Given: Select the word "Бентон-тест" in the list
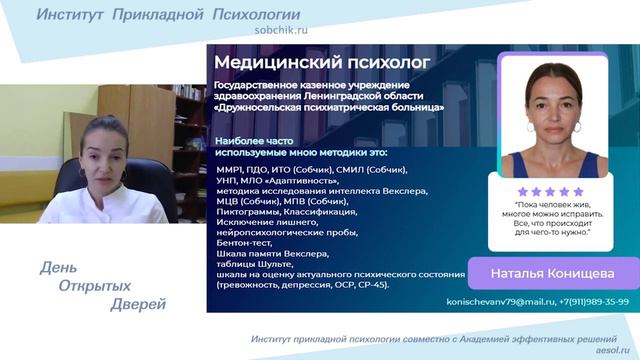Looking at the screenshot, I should point(243,243).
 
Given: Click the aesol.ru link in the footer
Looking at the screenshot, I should point(613,350).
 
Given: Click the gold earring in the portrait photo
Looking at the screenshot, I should point(581,129).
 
